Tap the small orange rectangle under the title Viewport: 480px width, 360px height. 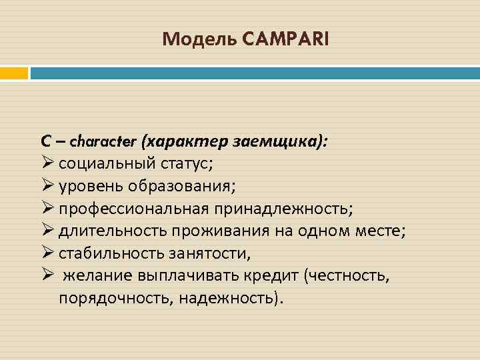pos(14,73)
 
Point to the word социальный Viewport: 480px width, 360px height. pos(111,164)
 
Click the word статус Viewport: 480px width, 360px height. pos(197,164)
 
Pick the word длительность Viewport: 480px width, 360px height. pos(113,231)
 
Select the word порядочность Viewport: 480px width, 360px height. pos(115,298)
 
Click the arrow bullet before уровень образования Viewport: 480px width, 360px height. pos(47,186)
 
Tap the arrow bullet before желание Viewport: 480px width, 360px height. pos(47,276)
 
